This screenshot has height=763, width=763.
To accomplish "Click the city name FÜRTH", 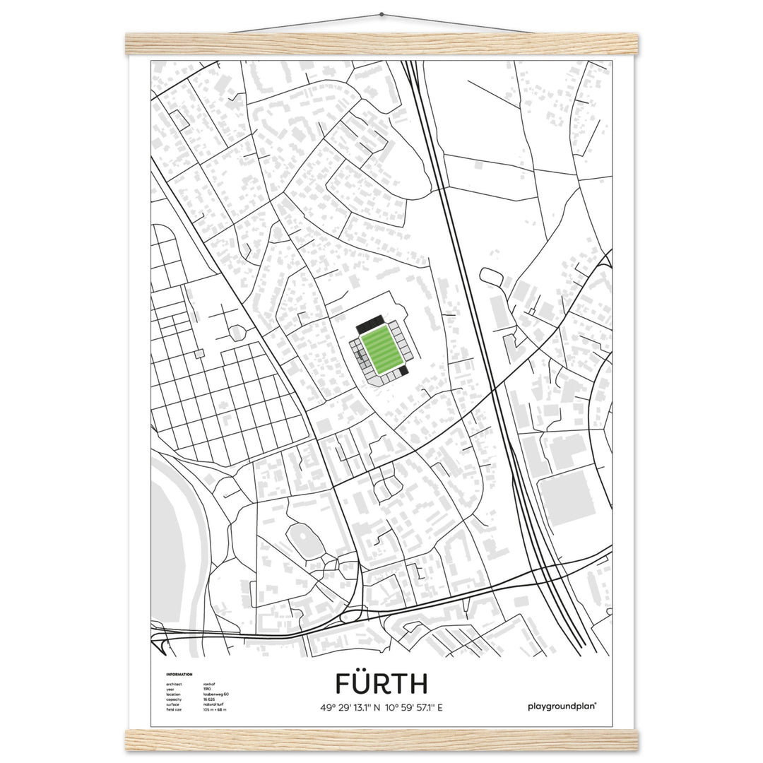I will click(381, 684).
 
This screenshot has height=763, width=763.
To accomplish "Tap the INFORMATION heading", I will click(179, 675).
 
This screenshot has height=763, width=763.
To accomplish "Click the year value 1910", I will click(207, 689).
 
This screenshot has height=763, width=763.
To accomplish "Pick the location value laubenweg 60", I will click(215, 694).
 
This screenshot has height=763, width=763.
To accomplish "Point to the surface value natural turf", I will click(214, 704).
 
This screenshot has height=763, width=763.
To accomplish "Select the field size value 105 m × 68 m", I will click(215, 709).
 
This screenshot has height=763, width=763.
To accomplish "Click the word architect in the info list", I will click(174, 684).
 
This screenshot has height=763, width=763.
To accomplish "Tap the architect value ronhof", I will click(210, 684).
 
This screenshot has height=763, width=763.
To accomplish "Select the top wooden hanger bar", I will click(381, 44).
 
